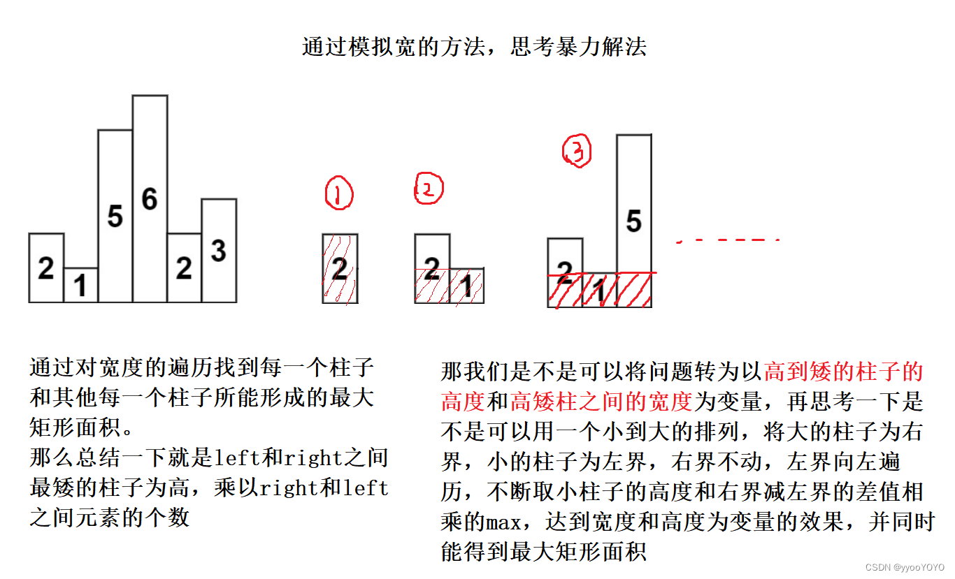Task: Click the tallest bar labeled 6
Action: point(150,199)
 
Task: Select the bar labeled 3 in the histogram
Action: point(219,250)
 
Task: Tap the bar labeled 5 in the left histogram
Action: point(115,216)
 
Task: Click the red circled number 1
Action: point(339,193)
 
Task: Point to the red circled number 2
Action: point(429,188)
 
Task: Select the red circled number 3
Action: point(577,152)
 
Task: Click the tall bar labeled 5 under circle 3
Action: point(633,220)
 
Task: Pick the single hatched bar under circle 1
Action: point(340,268)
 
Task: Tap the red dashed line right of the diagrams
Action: point(727,240)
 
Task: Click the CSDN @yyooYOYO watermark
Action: point(904,568)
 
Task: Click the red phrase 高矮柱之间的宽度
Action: point(601,402)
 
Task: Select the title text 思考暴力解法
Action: point(579,47)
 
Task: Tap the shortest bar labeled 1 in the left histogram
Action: point(80,285)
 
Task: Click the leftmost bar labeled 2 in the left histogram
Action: point(46,267)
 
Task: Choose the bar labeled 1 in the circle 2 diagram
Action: point(466,285)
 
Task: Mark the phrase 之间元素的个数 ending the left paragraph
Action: point(109,517)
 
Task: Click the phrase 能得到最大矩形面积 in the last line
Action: point(543,552)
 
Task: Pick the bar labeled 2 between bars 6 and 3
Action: point(184,267)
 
